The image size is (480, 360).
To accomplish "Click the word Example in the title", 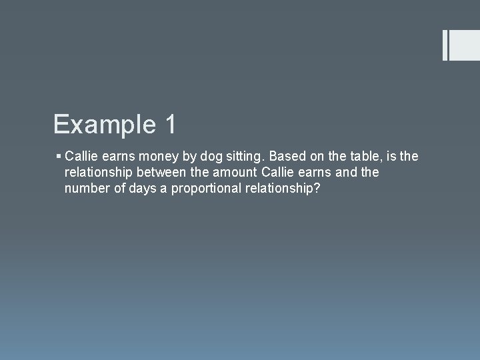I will coord(103,125).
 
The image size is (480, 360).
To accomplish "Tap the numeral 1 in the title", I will coord(169,125).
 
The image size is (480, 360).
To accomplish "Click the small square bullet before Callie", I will coord(59,157).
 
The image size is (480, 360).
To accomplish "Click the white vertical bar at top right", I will coord(445,45).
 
